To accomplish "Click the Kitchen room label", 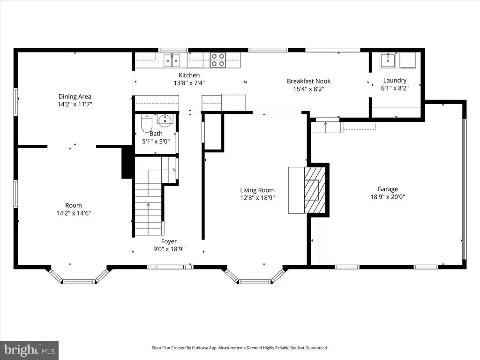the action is coord(189,75).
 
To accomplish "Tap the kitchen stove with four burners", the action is coord(217,60).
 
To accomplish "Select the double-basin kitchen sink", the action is coord(172,60).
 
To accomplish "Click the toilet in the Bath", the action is coord(147,123).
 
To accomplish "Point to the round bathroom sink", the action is coord(165,120).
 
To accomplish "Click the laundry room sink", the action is coord(388,60).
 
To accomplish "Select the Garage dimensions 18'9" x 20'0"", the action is coord(388,197).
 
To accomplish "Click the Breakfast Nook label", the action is coord(308,81).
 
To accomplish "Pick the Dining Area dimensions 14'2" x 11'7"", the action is coord(75,104).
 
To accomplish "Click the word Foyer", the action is coord(169,241).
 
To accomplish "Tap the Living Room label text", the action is coord(257,190).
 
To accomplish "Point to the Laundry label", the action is coord(395,80).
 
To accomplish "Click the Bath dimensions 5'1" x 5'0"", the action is coord(156,142).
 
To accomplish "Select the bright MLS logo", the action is coord(30,350).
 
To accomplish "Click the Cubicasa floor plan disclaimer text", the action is coord(240,348).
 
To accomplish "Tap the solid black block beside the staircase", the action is coord(127,163).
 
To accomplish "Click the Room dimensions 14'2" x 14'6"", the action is coord(74,213).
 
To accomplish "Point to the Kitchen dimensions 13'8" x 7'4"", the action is coord(189,82).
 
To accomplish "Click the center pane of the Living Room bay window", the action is coord(255,282).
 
